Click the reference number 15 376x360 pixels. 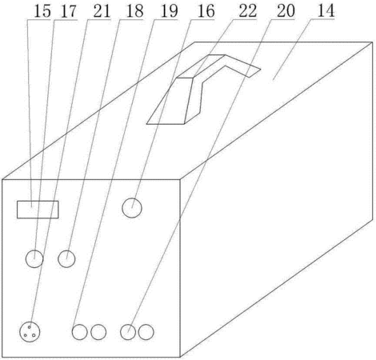click(42, 11)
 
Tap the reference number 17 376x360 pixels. click(69, 12)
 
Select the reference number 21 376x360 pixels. click(102, 11)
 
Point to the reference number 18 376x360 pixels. click(134, 11)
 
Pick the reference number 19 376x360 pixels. click(169, 11)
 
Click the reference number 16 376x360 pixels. click(206, 11)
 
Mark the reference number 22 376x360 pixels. click(248, 11)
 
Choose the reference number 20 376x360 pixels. click(286, 11)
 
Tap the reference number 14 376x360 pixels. click(326, 11)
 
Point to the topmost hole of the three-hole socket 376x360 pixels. click(30, 327)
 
